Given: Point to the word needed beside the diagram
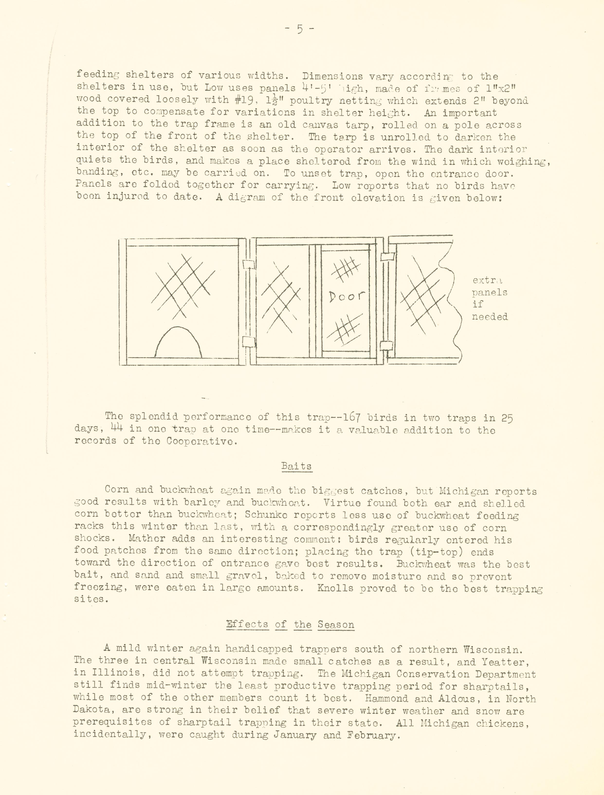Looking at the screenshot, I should click(490, 317).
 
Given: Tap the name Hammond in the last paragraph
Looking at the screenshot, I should click(385, 699).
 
